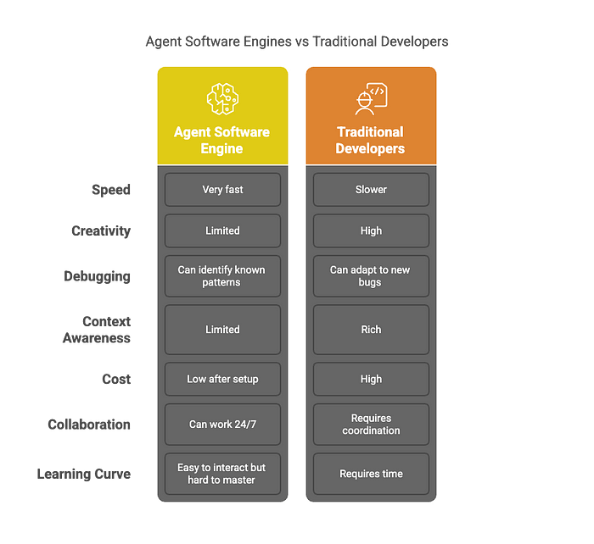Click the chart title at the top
coord(297,42)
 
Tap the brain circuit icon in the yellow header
coord(222,99)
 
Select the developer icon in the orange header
coord(372,99)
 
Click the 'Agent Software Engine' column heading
coord(222,141)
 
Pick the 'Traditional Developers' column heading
coord(370,141)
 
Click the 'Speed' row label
coord(111,190)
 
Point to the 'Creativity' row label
coord(101,230)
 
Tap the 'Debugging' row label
coord(97,276)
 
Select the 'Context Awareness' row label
coord(97,330)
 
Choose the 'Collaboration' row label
coord(89,425)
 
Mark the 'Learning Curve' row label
coord(84,474)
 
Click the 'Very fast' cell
coord(222,190)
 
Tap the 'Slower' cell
coord(372,190)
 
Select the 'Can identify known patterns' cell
coord(222,276)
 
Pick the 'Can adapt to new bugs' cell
coord(372,276)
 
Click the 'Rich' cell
coord(372,330)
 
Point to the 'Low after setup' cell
coord(222,379)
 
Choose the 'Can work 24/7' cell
coord(222,425)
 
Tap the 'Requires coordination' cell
coord(372,425)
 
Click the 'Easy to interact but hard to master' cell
coord(222,474)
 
